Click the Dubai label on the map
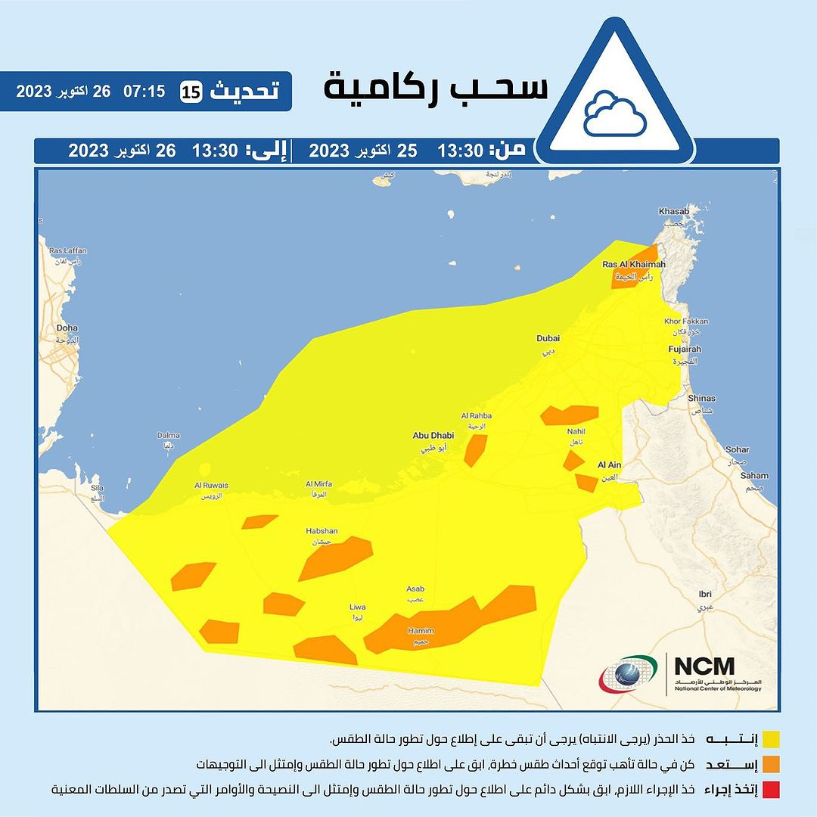pos(548,339)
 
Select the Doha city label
pos(67,328)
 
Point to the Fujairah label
pos(685,349)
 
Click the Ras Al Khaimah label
pos(633,264)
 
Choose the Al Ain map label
pos(609,465)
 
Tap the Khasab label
pos(674,211)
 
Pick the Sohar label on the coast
pos(737,449)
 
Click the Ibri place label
pos(705,594)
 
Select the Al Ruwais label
pos(211,486)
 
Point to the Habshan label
pos(322,531)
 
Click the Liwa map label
pos(357,607)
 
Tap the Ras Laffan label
pos(68,250)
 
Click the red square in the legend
pos(771,790)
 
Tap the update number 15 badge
pos(190,92)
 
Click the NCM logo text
pos(704,666)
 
